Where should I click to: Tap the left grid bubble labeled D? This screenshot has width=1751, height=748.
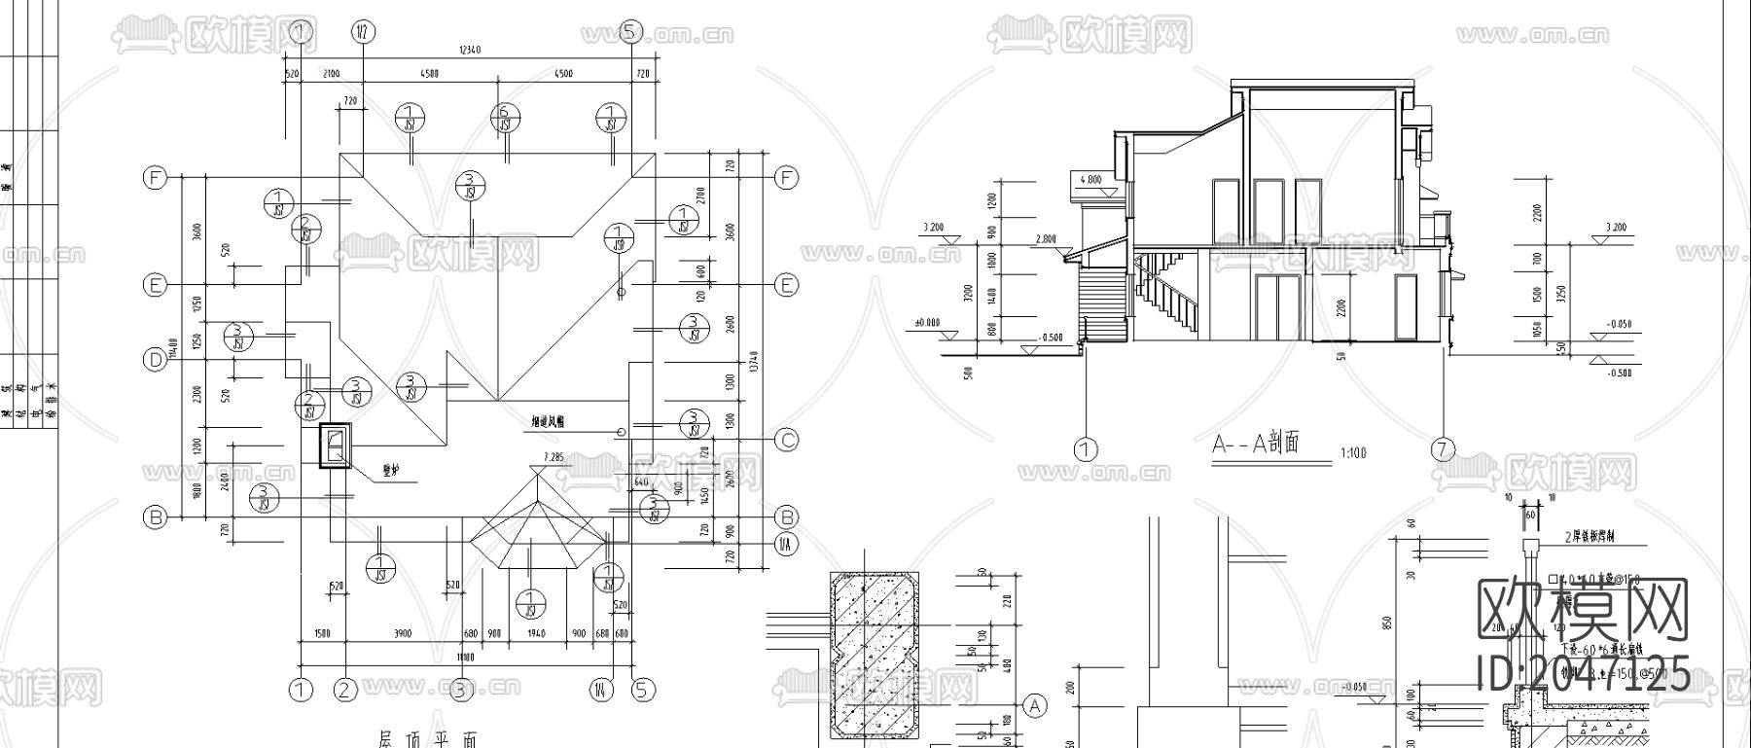pyautogui.click(x=155, y=360)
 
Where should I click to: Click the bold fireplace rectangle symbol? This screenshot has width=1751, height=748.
pyautogui.click(x=336, y=446)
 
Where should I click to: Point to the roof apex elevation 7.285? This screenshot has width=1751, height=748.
pyautogui.click(x=554, y=456)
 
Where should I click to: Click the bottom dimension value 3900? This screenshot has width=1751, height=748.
pyautogui.click(x=403, y=634)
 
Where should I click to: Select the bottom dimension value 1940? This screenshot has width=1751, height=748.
pyautogui.click(x=536, y=634)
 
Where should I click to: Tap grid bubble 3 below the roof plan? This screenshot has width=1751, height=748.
pyautogui.click(x=459, y=691)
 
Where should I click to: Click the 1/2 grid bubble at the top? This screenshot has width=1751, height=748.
pyautogui.click(x=363, y=33)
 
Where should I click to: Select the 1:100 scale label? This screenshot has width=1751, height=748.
pyautogui.click(x=1352, y=452)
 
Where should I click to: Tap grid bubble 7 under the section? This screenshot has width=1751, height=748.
pyautogui.click(x=1443, y=449)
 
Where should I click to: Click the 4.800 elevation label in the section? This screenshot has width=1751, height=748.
pyautogui.click(x=1090, y=180)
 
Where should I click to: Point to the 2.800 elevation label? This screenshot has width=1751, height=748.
pyautogui.click(x=1046, y=239)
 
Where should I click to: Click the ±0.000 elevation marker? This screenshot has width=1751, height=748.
pyautogui.click(x=927, y=323)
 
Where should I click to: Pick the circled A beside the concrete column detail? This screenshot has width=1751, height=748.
pyautogui.click(x=1035, y=705)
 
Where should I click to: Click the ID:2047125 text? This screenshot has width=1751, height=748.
pyautogui.click(x=1584, y=673)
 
